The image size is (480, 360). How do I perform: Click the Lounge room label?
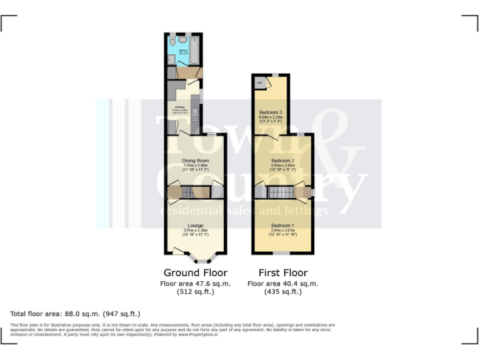click(196, 226)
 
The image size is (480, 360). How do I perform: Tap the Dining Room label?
click(196, 161)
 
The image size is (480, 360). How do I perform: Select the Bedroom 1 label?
click(282, 226)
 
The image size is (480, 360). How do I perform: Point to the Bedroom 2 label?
click(282, 161)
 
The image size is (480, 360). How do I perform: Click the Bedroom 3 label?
click(271, 112)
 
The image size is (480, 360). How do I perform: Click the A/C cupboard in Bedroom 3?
click(259, 82)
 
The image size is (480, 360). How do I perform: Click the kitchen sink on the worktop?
click(194, 113)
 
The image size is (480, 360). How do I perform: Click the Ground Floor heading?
click(196, 273)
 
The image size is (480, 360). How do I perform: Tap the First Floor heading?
click(282, 273)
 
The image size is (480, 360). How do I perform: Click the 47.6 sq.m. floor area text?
click(196, 283)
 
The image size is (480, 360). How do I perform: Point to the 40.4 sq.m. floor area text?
click(282, 283)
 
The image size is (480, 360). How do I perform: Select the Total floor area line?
click(76, 314)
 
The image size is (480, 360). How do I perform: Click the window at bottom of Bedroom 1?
click(282, 253)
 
